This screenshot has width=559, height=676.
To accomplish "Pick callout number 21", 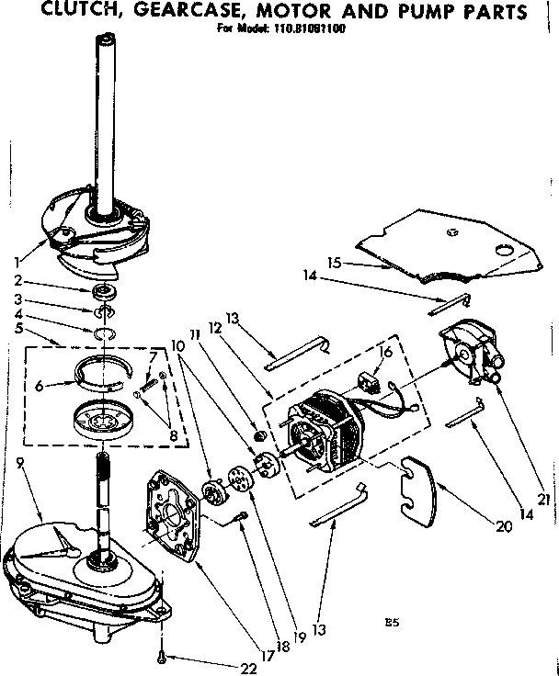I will point(543,500).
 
